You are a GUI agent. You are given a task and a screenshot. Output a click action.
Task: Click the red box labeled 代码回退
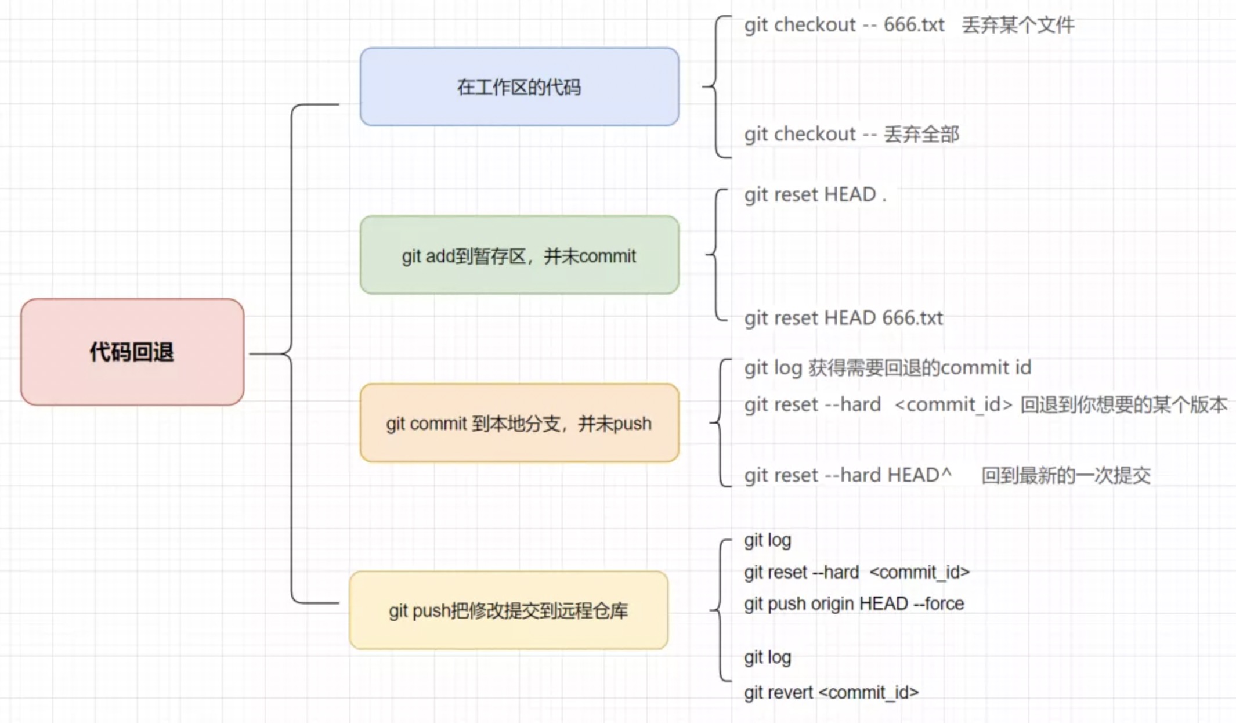132,352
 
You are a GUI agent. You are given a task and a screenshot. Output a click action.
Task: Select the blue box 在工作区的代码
519,87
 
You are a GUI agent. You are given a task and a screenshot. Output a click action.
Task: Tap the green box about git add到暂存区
519,255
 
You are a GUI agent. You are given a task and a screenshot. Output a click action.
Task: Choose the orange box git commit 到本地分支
519,423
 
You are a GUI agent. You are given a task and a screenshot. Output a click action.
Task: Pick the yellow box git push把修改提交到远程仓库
508,610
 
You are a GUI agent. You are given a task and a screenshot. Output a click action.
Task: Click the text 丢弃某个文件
1018,25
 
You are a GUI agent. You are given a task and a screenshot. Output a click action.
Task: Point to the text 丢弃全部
921,134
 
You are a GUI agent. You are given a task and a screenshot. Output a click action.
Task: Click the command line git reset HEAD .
815,194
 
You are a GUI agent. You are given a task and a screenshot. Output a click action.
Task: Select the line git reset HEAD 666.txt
843,318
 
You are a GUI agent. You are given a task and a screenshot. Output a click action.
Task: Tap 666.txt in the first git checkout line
914,25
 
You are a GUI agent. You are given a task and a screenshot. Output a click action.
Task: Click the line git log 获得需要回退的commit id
887,368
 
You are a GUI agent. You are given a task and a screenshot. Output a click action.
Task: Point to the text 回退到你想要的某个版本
1123,404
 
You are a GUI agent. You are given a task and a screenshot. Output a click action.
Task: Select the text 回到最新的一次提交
1066,475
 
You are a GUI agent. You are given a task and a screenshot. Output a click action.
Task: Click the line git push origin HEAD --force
854,603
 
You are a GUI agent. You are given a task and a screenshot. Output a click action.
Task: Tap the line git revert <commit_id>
831,692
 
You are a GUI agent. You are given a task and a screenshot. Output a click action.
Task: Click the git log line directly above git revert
767,657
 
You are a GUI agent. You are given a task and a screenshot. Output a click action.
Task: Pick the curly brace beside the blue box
716,87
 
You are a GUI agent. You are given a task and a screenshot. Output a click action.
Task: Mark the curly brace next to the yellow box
720,610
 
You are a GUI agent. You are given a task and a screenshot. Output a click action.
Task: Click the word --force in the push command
938,603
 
